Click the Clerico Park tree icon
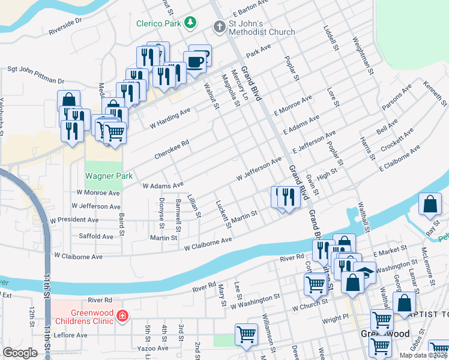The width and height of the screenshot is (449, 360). tap(191, 22)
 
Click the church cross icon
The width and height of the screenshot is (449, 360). tap(219, 26)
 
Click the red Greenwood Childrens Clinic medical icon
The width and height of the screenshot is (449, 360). tap(122, 315)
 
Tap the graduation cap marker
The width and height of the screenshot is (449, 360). tap(364, 271)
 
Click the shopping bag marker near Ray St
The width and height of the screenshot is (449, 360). tap(430, 205)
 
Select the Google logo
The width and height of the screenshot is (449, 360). tap(20, 353)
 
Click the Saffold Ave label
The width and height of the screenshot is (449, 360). tap(96, 236)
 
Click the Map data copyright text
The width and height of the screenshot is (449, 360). tap(421, 355)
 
